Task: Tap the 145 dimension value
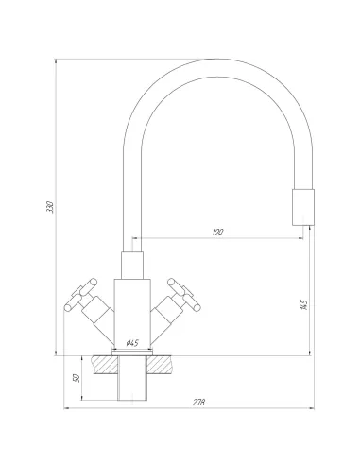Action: pyautogui.click(x=301, y=304)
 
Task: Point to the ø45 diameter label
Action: pyautogui.click(x=132, y=341)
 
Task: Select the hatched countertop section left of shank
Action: pyautogui.click(x=96, y=364)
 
